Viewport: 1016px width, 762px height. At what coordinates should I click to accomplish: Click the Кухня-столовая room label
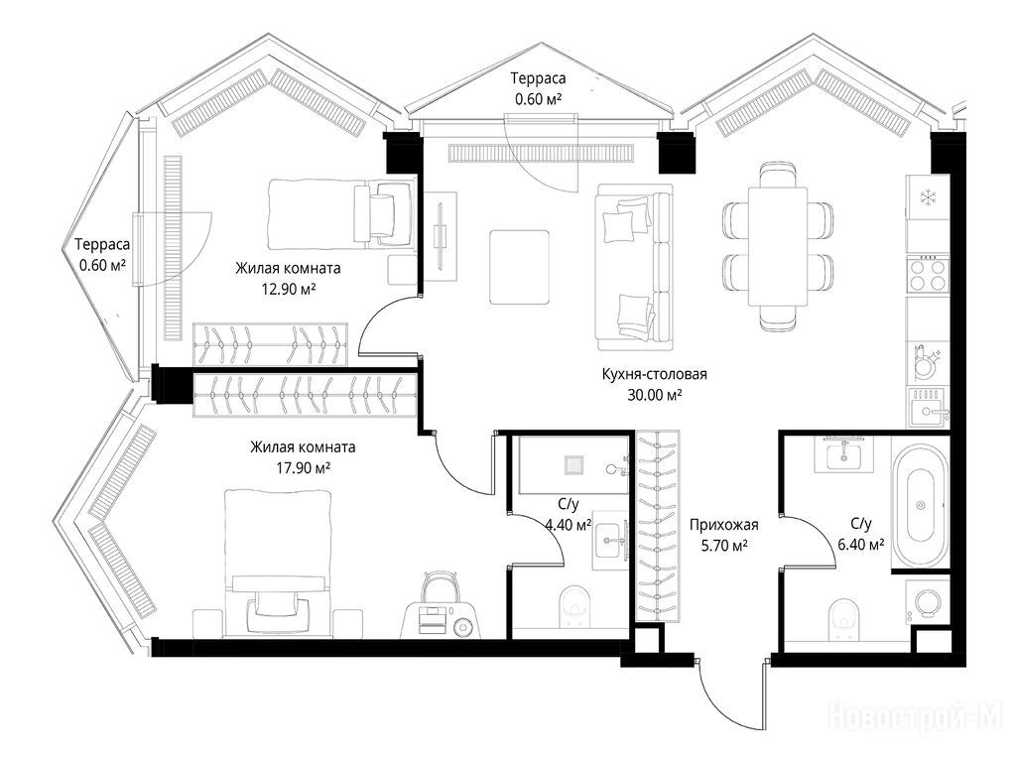[x=655, y=374]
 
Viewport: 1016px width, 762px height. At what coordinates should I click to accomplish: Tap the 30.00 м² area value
[x=655, y=395]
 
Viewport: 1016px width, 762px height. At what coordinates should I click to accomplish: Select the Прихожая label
[x=723, y=525]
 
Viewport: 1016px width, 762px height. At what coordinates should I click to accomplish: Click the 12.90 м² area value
[x=289, y=289]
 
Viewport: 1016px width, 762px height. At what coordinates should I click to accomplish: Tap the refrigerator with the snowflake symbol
[x=928, y=197]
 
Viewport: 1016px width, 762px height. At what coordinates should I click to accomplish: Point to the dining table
[x=778, y=246]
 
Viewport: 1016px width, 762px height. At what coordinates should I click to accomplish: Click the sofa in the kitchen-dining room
[x=634, y=267]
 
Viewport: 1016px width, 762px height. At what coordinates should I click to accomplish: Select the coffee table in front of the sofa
[x=520, y=267]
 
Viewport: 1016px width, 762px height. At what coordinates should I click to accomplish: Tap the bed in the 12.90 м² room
[x=341, y=214]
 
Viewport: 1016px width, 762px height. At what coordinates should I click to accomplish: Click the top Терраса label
[x=538, y=78]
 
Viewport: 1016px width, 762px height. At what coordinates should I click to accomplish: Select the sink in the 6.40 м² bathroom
[x=843, y=454]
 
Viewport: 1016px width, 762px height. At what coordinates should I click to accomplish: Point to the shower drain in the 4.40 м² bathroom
[x=573, y=464]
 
